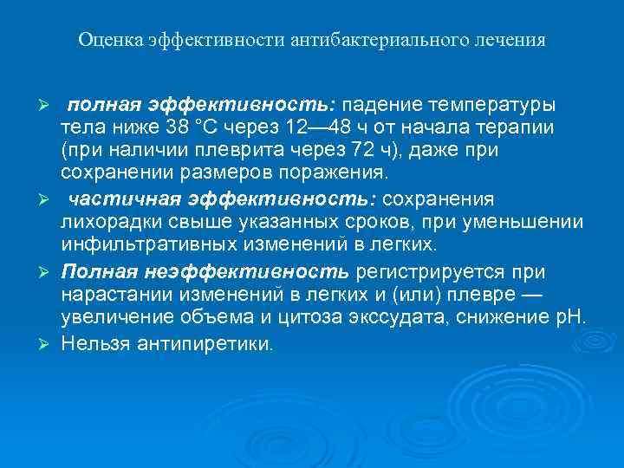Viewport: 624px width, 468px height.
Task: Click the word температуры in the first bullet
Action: pos(494,105)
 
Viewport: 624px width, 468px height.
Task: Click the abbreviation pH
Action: pos(572,318)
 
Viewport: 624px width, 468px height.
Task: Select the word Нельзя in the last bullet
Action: pos(93,344)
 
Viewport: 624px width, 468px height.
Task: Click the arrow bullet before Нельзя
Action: pos(49,344)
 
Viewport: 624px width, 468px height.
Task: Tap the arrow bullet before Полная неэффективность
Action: pos(49,273)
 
